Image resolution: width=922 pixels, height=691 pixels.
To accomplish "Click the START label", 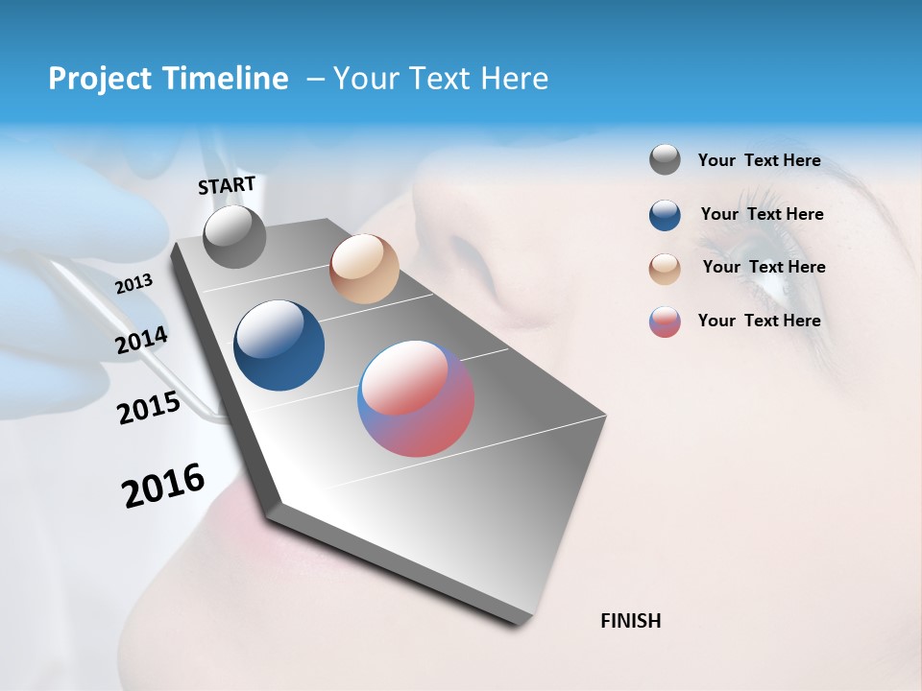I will (227, 185).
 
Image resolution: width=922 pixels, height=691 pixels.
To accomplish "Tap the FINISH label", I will (630, 621).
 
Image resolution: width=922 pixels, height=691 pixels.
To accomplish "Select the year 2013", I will (133, 284).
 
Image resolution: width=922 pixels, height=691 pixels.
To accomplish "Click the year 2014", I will (141, 341).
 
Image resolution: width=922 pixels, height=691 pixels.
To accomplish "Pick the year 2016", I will (163, 486).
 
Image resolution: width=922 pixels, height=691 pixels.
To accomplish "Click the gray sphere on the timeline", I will (234, 237).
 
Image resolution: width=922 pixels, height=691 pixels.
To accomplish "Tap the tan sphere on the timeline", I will (364, 269).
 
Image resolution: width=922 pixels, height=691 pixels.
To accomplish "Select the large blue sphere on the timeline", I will (279, 345).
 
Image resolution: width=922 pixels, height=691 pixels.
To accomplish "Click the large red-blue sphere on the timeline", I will (416, 398).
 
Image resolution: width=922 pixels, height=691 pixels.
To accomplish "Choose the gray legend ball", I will (665, 159).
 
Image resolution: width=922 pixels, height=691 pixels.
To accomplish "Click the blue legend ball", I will (665, 215).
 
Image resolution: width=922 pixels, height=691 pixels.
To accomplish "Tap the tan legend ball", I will (665, 268).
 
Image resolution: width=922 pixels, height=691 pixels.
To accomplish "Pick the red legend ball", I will (665, 322).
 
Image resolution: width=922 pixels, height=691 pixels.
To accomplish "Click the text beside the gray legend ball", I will (759, 160).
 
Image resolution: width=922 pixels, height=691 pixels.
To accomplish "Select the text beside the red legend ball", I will (759, 321).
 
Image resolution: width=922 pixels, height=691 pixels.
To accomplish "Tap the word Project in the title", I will (95, 79).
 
